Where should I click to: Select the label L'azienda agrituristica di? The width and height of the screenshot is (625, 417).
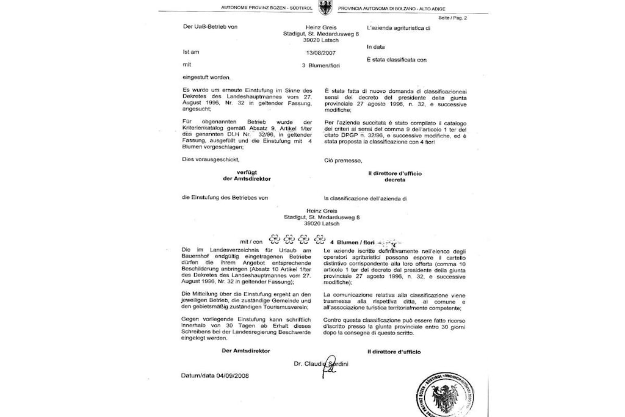point(399,28)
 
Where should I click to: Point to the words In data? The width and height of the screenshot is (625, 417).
point(376,46)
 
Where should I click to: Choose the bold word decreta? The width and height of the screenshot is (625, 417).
point(394,180)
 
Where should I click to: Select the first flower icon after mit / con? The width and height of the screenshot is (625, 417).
point(274,240)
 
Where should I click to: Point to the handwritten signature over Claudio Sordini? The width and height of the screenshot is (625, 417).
point(329,365)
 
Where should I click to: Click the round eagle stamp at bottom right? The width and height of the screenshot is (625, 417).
point(448,397)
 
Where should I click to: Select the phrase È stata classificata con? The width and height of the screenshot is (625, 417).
point(397,60)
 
